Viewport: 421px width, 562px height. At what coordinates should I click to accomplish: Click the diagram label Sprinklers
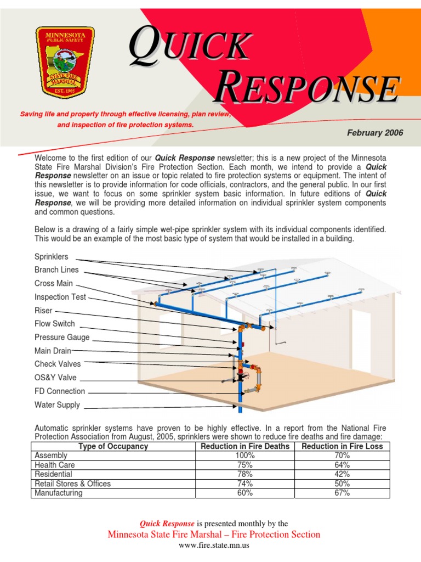(52, 256)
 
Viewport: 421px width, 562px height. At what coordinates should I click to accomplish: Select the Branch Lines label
(56, 270)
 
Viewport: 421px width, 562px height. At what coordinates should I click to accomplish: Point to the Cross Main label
(53, 284)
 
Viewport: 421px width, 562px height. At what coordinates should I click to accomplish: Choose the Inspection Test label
(60, 297)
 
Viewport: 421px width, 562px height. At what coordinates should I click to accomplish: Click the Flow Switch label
(55, 324)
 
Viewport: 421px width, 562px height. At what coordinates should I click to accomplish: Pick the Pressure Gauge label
(62, 338)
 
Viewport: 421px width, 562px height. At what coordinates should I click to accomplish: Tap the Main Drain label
(53, 351)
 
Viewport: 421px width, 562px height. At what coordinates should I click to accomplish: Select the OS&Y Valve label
(55, 378)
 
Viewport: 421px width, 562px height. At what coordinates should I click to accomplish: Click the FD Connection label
(60, 391)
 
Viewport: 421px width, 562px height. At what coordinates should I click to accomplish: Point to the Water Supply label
(57, 405)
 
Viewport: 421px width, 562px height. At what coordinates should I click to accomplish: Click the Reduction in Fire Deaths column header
(245, 446)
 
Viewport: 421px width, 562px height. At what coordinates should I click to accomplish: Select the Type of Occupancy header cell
(113, 446)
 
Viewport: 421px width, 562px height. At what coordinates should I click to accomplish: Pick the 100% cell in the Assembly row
(245, 456)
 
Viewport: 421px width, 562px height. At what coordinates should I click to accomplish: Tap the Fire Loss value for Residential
(342, 474)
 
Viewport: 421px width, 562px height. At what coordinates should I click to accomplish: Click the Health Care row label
(55, 465)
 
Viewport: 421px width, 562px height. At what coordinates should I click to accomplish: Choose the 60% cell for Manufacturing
(245, 493)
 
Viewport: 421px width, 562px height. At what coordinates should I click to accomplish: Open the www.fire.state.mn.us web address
(214, 546)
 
